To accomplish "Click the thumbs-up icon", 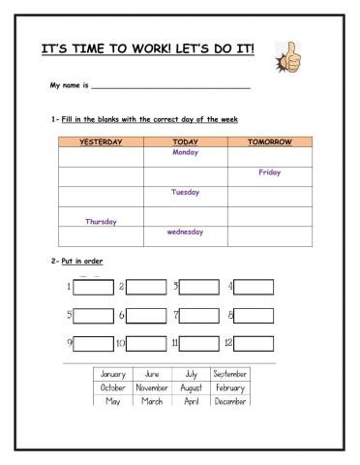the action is tap(285, 56).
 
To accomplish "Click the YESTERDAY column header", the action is tap(101, 141).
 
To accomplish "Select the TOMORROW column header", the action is tap(269, 141).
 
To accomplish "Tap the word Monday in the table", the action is tap(185, 152).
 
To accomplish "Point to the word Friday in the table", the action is tap(269, 172).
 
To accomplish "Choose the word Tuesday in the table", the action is tap(185, 192).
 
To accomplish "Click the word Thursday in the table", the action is tap(101, 221).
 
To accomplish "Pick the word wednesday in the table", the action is tap(185, 232).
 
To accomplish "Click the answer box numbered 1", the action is tap(93, 287).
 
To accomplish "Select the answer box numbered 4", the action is tap(255, 287).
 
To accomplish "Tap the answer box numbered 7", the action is tap(200, 315).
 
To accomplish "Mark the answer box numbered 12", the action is tap(255, 343).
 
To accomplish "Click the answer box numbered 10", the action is tap(147, 343).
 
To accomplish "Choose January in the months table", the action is tap(113, 373).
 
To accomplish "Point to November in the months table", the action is tap(152, 387).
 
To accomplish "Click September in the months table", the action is tap(230, 373).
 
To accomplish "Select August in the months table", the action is tap(191, 387).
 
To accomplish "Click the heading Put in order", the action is tap(82, 262).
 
